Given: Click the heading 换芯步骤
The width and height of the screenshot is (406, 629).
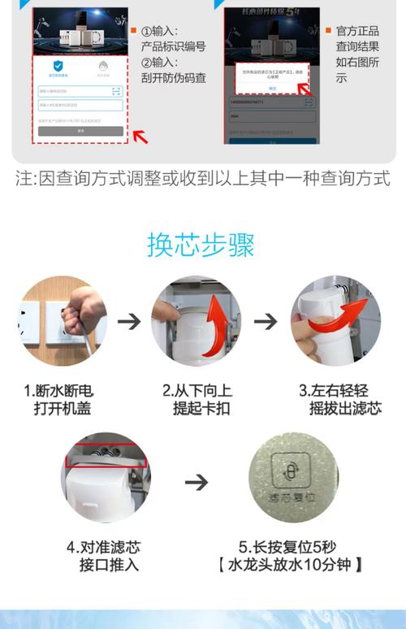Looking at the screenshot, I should point(201,244).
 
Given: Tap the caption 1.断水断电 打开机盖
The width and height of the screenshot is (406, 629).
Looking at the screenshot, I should point(63,398).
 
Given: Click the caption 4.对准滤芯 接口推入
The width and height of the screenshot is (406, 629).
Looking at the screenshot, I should point(104,555).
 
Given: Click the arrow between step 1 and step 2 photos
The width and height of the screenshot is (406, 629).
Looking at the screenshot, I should point(128,322).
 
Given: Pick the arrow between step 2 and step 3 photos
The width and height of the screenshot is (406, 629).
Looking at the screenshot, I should point(266,322).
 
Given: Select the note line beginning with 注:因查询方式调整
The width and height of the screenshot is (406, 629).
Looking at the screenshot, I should point(202,178).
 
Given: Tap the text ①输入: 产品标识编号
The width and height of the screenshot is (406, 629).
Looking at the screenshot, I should point(173,38).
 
